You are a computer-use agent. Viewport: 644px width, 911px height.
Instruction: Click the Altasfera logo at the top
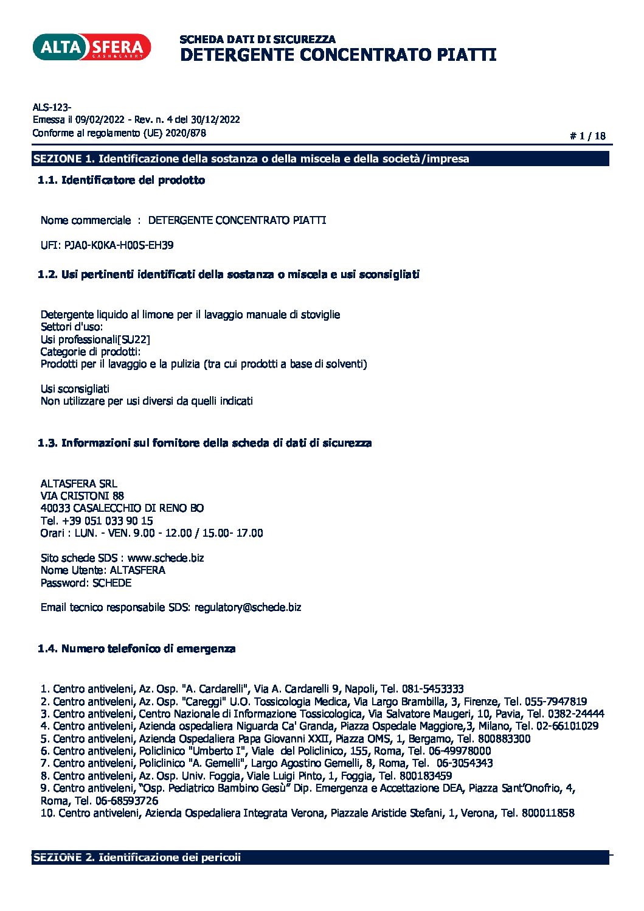pos(91,47)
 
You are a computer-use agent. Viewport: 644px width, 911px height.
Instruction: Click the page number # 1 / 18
pos(587,136)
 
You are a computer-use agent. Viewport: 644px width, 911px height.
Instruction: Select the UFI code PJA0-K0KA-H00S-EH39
pos(119,245)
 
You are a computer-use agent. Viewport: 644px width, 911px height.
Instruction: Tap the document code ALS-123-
pos(52,108)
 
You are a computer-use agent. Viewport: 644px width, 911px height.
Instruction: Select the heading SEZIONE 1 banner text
pos(251,159)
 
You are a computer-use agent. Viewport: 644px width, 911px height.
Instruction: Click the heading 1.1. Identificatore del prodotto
pos(121,180)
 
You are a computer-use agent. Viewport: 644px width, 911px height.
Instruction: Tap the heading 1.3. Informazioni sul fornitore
pos(204,443)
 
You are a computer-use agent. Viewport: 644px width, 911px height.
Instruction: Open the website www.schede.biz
pos(165,558)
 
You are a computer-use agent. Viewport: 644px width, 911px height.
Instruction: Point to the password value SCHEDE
pos(112,583)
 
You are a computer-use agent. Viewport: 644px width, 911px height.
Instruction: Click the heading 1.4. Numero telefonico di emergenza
pos(136,649)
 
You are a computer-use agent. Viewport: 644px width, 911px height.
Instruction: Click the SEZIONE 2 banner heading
pos(137,857)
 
